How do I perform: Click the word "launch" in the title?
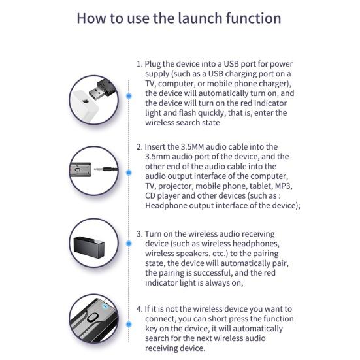coord(200,18)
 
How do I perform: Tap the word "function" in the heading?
coord(254,18)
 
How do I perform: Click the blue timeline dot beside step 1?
coord(129,96)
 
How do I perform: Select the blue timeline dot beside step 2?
coord(129,172)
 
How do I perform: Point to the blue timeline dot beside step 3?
coord(129,243)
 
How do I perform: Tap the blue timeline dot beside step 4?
coord(129,325)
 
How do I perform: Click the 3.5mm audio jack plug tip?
coord(95,169)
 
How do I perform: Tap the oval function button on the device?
coord(91,318)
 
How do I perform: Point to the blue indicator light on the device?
coord(105,306)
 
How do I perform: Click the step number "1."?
coord(140,64)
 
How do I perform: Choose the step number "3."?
coord(140,234)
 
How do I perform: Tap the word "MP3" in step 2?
coord(283,186)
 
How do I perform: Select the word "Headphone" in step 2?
coord(166,206)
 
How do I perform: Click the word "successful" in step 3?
coord(212,273)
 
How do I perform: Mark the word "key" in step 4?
coord(151,329)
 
